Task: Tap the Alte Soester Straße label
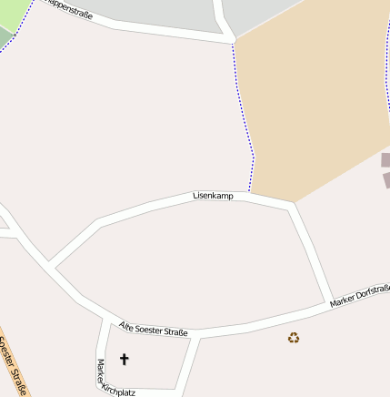click(153, 329)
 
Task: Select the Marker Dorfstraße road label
click(360, 295)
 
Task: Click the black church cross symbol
click(125, 360)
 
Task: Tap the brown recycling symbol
click(294, 338)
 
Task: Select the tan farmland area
click(309, 100)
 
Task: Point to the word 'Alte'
click(127, 326)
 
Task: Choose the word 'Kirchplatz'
click(119, 390)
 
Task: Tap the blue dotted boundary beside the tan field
click(244, 109)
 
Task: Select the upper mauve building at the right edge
click(385, 160)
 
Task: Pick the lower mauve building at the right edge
click(385, 180)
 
